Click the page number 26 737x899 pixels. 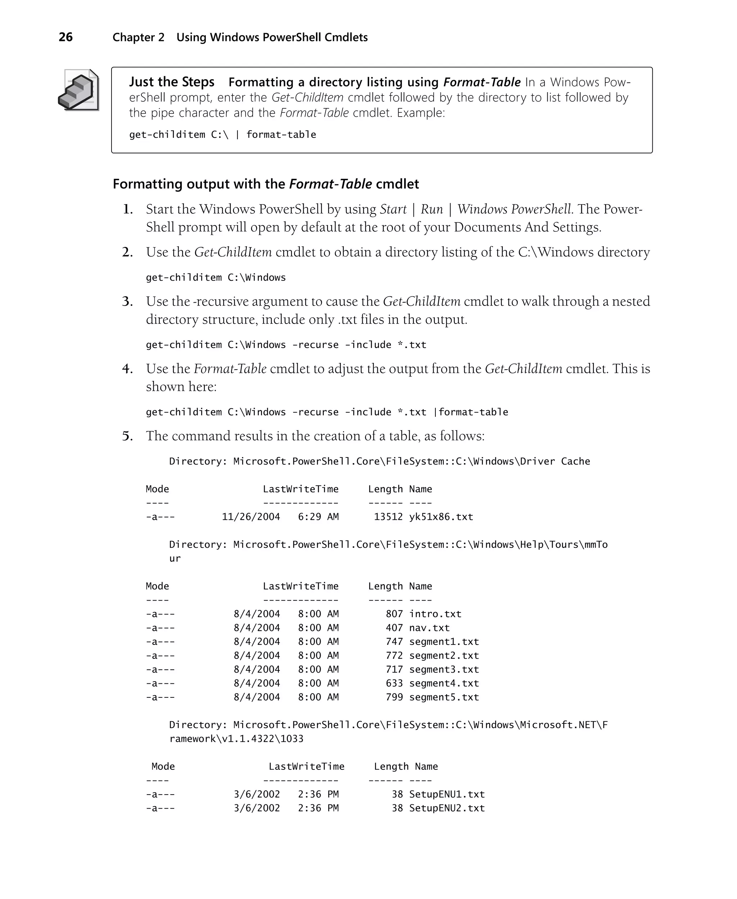(x=65, y=37)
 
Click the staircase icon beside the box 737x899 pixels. (x=78, y=90)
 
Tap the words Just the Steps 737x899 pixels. (x=172, y=82)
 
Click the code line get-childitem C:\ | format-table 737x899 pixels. (x=222, y=135)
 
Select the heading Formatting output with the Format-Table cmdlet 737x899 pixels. (x=266, y=184)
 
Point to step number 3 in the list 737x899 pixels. (x=127, y=301)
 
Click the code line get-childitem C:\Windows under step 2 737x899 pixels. (x=216, y=277)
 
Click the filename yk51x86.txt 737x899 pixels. (x=441, y=517)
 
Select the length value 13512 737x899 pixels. (x=388, y=517)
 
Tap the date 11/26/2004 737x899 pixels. (x=250, y=517)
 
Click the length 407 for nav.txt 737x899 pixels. (x=394, y=628)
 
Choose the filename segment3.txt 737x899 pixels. (x=444, y=669)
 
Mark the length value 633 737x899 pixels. (x=394, y=683)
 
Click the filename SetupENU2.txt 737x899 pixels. (x=447, y=808)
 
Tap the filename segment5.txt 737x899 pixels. (x=444, y=697)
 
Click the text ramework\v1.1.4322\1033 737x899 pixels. (x=236, y=739)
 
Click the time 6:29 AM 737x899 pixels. (x=318, y=517)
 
